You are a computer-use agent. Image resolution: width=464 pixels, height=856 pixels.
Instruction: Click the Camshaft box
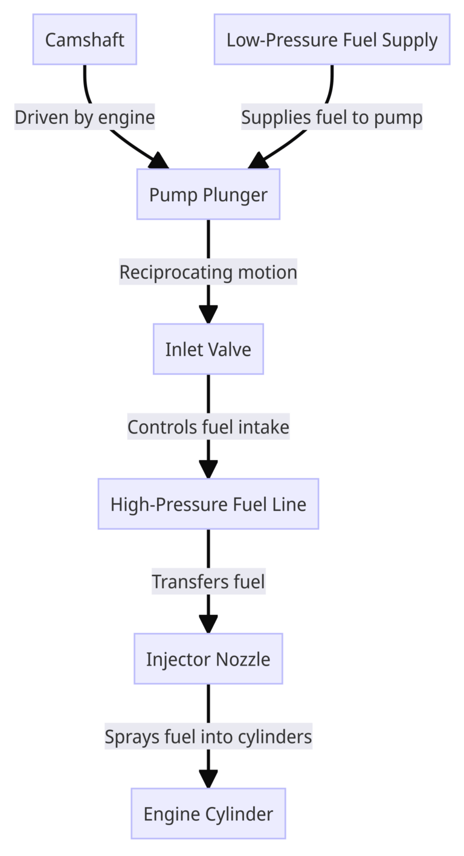point(85,40)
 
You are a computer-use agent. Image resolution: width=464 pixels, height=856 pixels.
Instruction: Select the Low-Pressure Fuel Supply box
point(332,40)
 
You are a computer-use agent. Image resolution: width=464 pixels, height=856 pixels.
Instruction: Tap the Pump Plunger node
point(208,195)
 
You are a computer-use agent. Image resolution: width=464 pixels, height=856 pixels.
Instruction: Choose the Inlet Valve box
point(208,349)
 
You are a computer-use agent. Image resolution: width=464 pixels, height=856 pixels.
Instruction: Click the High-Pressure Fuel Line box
point(208,504)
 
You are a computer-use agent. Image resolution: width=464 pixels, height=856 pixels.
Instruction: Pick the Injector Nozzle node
point(208,659)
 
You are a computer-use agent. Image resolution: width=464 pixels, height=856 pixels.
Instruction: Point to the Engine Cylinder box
point(208,814)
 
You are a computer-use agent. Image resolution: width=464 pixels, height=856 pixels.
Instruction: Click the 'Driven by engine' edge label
point(85,117)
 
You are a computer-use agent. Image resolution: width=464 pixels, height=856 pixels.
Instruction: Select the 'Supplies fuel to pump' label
point(332,117)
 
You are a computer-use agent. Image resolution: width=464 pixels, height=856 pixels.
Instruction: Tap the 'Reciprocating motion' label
point(208,272)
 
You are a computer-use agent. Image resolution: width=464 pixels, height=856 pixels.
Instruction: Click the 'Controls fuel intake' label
point(208,427)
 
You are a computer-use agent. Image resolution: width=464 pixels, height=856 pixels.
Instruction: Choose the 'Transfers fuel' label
point(208,582)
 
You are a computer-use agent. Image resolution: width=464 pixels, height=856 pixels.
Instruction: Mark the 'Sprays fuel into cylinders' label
point(208,736)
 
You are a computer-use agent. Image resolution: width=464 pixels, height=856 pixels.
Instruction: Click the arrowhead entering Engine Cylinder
point(208,779)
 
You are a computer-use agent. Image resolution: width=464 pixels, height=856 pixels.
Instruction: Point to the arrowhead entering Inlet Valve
point(208,315)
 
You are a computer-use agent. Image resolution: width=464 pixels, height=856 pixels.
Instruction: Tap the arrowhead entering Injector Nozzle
point(208,624)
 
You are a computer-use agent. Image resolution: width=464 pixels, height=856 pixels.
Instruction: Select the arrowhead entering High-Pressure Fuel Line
point(208,470)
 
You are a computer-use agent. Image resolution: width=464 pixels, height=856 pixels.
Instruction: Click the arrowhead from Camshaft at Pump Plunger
point(159,161)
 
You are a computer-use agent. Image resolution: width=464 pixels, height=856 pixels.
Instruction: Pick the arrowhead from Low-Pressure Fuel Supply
point(258,161)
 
